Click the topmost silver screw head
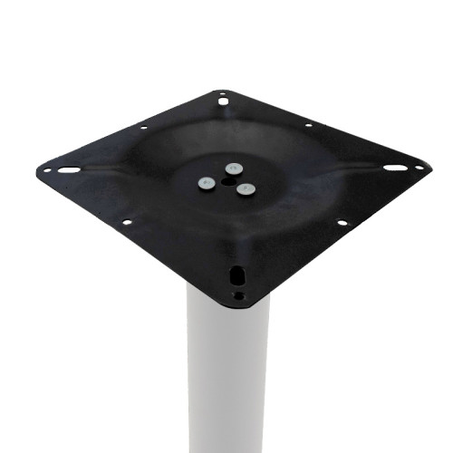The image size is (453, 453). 234,168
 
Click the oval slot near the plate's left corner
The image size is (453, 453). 69,169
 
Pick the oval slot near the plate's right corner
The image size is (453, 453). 394,168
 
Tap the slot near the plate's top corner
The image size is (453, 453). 223,101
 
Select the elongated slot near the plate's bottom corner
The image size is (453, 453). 238,274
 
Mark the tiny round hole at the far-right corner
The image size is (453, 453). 419,167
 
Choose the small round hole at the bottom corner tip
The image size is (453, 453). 238,294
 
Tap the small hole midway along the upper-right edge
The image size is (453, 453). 309,125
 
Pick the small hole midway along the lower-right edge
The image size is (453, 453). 342,223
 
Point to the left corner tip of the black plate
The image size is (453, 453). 38,169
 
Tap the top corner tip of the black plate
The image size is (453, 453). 223,89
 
